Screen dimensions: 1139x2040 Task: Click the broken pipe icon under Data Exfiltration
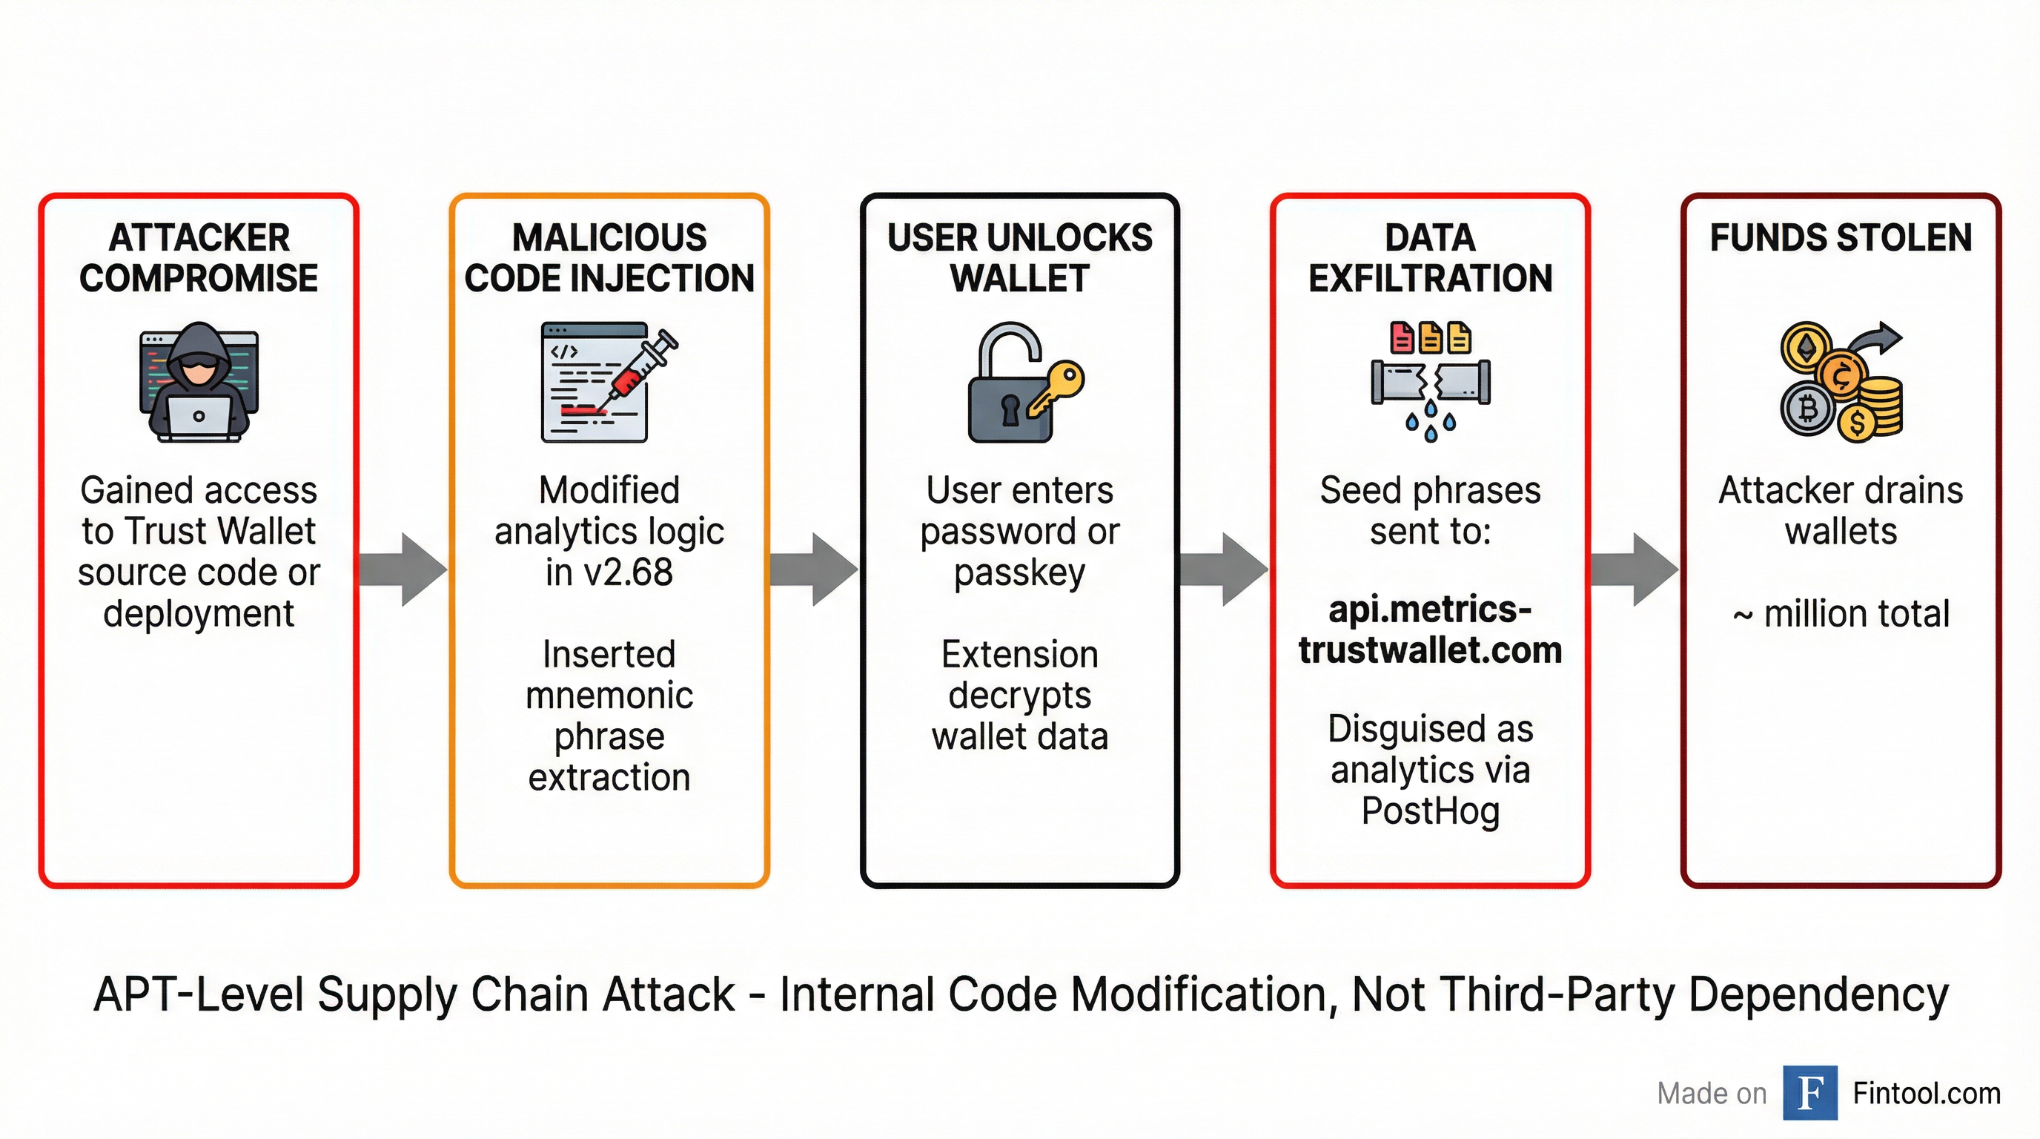click(1430, 383)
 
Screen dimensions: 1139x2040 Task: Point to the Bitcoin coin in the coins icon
click(1808, 409)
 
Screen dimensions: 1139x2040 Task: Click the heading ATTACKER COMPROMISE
click(199, 258)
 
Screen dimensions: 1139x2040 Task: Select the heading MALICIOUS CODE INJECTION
click(609, 258)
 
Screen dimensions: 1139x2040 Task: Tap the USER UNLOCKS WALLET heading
click(1020, 258)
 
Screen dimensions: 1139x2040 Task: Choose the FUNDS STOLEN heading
click(1841, 237)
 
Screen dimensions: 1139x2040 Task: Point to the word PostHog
click(1430, 810)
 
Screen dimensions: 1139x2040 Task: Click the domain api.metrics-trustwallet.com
click(1430, 630)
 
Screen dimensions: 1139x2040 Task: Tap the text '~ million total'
click(1841, 614)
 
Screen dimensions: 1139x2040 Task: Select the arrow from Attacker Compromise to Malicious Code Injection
click(403, 569)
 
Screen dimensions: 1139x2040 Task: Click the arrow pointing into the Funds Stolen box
click(1635, 569)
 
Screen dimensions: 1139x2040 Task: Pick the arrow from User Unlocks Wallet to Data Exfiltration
click(1224, 569)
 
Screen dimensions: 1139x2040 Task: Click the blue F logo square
click(1810, 1093)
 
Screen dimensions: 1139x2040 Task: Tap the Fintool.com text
click(1926, 1094)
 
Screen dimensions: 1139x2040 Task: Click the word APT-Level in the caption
click(199, 995)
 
